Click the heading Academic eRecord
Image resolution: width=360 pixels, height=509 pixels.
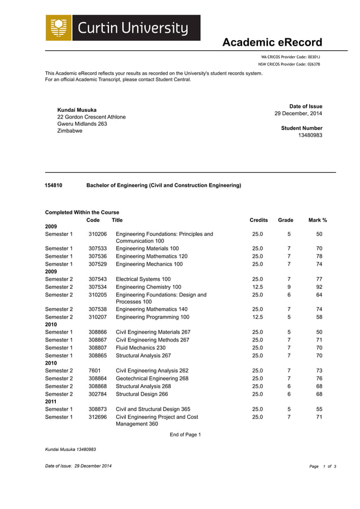pos(272,43)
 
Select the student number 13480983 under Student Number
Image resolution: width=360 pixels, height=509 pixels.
pos(310,135)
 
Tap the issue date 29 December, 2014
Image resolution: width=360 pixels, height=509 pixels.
pos(298,113)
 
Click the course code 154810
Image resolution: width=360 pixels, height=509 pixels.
pos(54,185)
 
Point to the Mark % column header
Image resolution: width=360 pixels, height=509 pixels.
pos(318,220)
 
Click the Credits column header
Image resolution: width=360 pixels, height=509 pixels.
pos(258,220)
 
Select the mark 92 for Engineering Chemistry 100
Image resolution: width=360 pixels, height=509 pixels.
pos(319,287)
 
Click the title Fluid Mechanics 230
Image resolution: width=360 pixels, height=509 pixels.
pos(144,348)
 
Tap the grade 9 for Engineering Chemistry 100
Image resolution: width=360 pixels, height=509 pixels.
pos(289,287)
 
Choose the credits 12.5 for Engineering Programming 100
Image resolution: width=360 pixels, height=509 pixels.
pos(257,317)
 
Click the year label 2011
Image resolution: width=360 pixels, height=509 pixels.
pos(51,401)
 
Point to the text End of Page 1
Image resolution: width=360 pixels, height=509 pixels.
pos(185,435)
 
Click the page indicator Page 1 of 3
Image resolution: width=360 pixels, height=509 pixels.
pos(322,466)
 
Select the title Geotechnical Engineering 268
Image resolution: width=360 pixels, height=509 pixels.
pos(152,379)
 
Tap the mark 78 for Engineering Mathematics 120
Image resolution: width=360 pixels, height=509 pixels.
pos(319,256)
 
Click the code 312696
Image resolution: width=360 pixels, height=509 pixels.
pos(97,417)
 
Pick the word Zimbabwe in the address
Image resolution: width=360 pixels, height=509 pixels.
pos(70,131)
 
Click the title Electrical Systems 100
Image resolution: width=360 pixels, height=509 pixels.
pos(143,279)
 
